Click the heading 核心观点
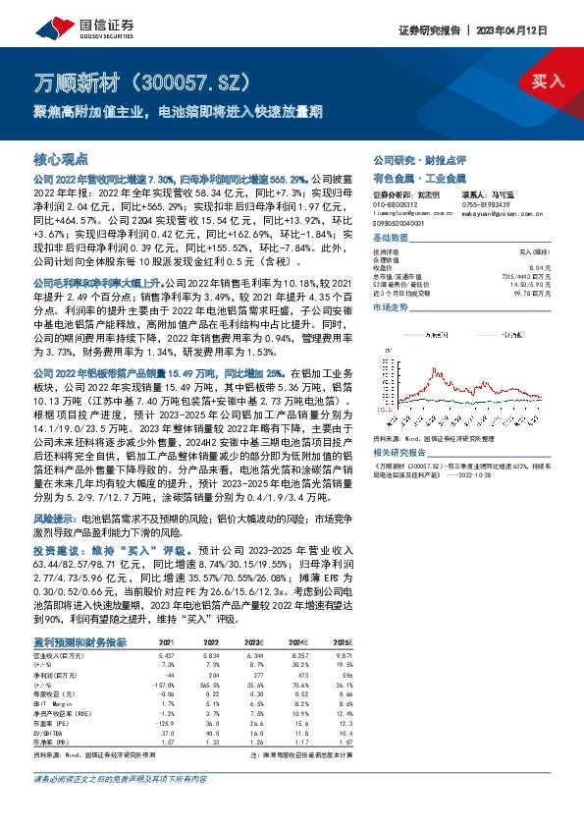pos(61,158)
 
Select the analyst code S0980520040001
pos(402,224)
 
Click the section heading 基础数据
pos(393,240)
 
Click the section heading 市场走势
pos(393,307)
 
